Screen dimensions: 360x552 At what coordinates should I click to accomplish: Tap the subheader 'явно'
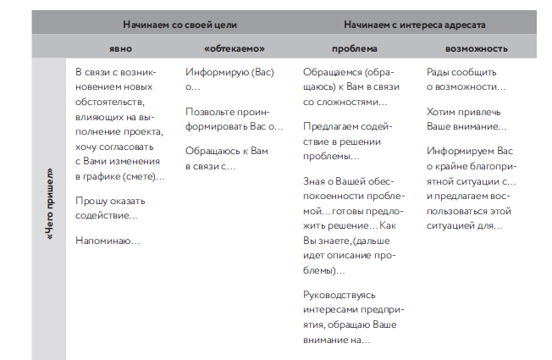[x=122, y=49]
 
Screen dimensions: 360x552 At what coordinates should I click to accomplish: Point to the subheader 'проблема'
[x=347, y=49]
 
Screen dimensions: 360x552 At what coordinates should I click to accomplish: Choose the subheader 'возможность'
[x=464, y=49]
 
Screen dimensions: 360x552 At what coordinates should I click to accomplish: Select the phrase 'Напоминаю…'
[x=108, y=241]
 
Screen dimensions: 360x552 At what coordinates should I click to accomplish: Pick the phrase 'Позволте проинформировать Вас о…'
[x=234, y=119]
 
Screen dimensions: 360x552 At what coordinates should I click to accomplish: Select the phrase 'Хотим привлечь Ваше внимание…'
[x=466, y=119]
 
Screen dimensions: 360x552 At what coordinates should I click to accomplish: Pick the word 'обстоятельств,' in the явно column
[x=111, y=103]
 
